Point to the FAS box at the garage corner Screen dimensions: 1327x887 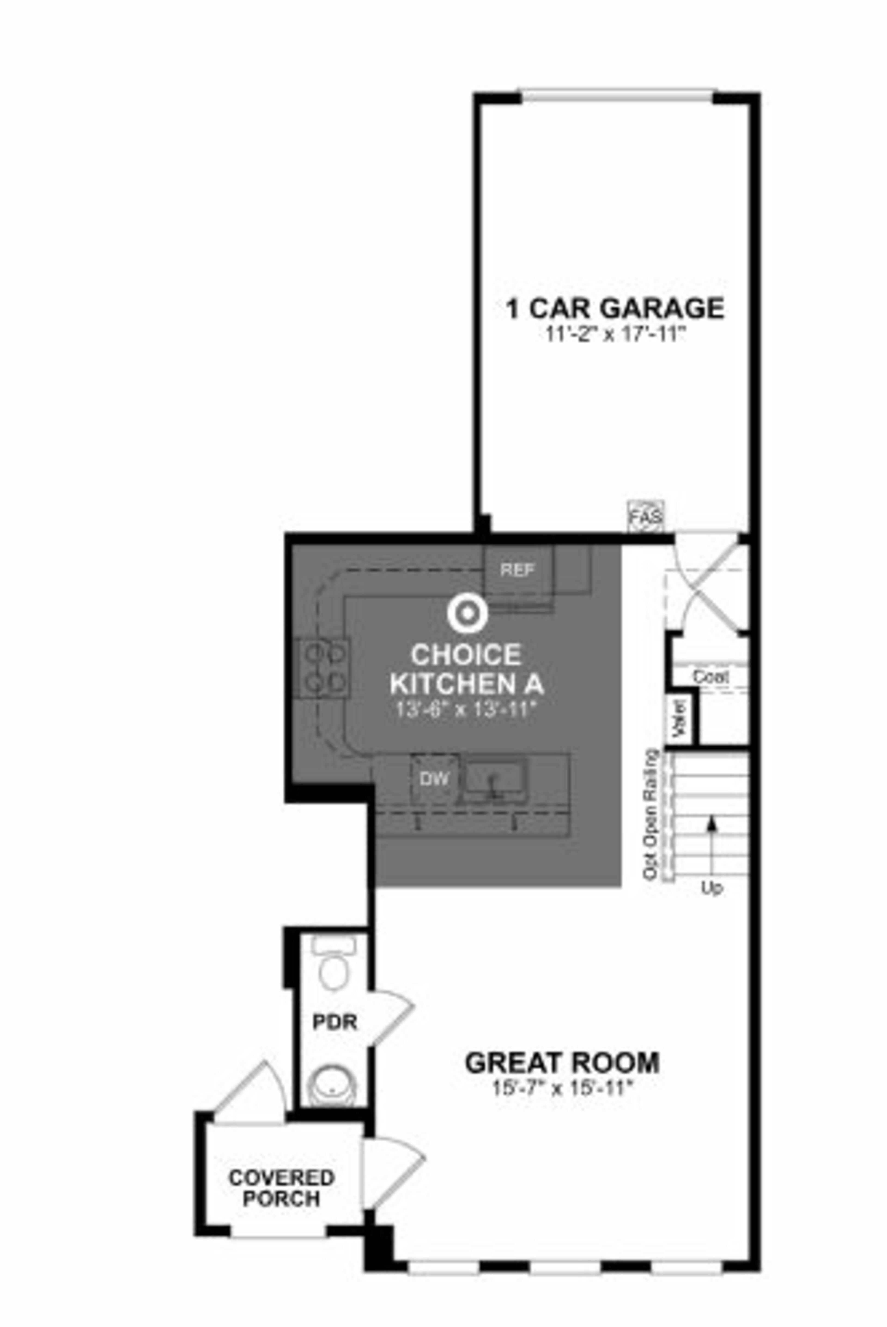646,516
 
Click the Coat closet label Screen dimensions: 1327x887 711,676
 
